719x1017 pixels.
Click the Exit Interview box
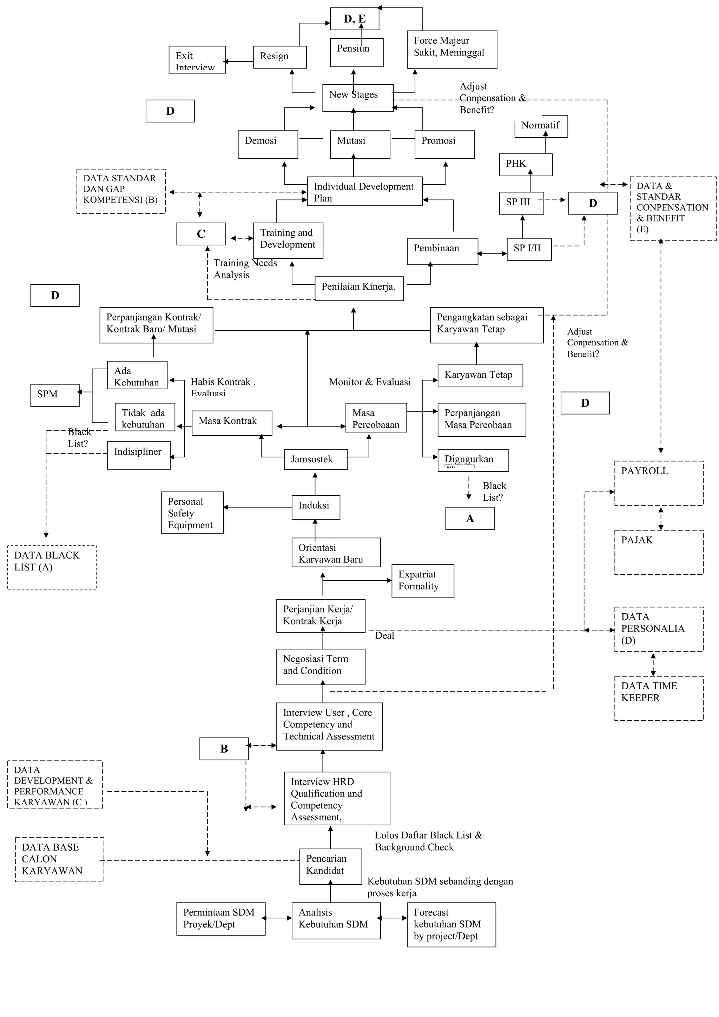click(x=197, y=60)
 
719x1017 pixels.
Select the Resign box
click(x=279, y=57)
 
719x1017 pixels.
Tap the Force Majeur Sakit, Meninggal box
click(x=451, y=49)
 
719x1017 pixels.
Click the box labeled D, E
click(x=354, y=19)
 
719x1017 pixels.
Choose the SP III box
click(x=521, y=203)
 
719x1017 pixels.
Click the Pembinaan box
click(x=442, y=251)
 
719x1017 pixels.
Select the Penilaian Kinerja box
click(x=359, y=288)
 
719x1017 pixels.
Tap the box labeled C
click(x=201, y=234)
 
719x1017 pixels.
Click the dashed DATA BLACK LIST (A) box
click(x=52, y=567)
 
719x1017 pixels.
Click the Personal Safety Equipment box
click(x=192, y=513)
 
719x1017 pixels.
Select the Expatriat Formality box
click(x=422, y=581)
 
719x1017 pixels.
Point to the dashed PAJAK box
click(x=658, y=552)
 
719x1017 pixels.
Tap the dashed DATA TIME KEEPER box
click(x=658, y=698)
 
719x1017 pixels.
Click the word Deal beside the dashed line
click(x=384, y=636)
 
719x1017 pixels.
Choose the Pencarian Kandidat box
click(x=330, y=866)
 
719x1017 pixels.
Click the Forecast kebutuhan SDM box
click(x=451, y=924)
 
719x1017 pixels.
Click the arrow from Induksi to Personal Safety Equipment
click(x=257, y=507)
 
